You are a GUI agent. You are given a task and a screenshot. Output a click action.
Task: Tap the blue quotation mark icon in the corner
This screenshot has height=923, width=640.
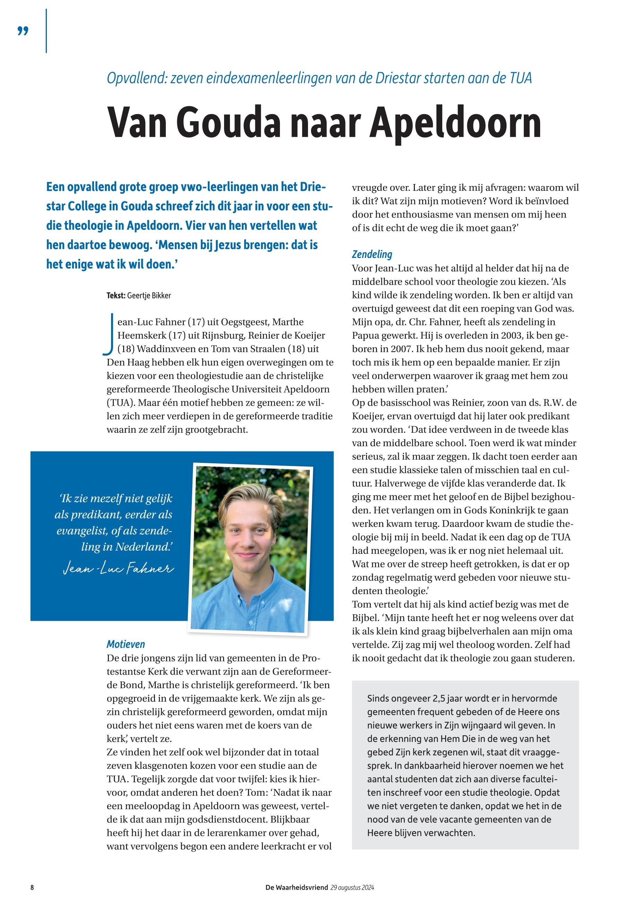click(23, 31)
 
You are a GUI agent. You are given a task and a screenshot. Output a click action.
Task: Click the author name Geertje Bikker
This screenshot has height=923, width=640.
click(149, 296)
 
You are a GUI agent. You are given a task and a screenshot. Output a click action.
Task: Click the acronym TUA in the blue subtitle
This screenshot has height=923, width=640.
click(521, 78)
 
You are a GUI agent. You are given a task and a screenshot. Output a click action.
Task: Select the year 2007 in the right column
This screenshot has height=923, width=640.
click(409, 349)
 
